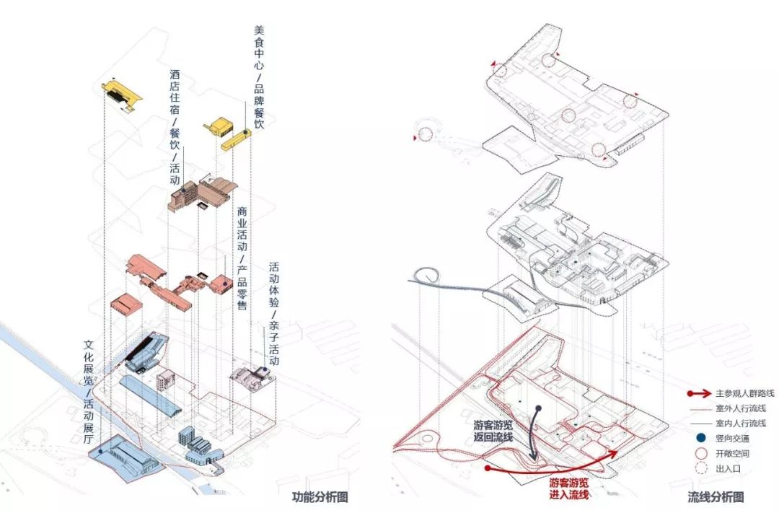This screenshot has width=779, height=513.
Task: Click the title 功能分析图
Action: click(x=320, y=497)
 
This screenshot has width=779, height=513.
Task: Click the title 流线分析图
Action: click(x=715, y=497)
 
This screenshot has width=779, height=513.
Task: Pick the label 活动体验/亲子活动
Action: click(x=274, y=312)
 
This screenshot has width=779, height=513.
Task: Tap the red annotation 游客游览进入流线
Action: click(x=569, y=487)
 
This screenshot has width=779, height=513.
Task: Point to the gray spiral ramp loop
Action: click(x=426, y=275)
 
